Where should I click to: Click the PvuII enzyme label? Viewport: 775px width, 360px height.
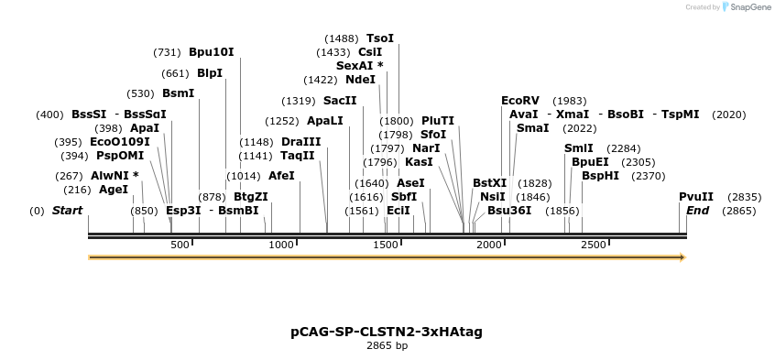tap(696, 197)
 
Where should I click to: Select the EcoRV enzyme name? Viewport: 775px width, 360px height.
tap(520, 101)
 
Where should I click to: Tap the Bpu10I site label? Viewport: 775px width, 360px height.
tap(212, 52)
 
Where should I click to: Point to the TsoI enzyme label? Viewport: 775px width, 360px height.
tap(380, 38)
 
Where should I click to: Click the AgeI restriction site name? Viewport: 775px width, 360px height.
tap(114, 190)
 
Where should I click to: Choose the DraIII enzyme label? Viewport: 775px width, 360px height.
tap(301, 142)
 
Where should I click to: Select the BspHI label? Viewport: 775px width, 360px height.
tap(601, 176)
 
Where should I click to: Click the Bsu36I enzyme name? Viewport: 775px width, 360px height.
tap(509, 211)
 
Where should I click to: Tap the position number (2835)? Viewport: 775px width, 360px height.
tap(744, 197)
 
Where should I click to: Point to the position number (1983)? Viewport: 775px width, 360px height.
tap(570, 101)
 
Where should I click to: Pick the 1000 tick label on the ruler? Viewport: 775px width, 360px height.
tap(282, 245)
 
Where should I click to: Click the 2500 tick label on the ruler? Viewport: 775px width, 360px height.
tap(594, 245)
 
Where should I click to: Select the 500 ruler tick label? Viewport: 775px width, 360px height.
tap(180, 245)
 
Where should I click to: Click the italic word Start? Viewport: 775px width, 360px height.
tap(67, 211)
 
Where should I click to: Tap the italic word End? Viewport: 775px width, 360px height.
tap(698, 211)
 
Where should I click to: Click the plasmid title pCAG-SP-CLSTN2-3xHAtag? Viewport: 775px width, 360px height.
tap(387, 331)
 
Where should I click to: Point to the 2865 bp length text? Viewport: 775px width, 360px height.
tap(387, 346)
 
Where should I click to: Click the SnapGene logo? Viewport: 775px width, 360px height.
tap(747, 7)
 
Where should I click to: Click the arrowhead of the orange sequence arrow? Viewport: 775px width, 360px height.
tap(681, 257)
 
